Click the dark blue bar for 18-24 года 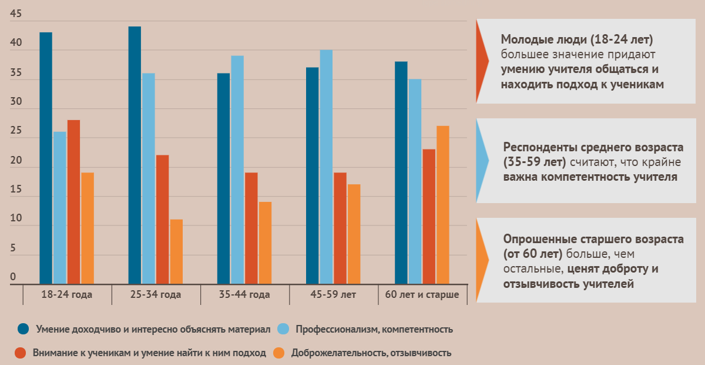tap(46, 159)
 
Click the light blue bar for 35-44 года tap(237, 170)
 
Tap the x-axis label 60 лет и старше tap(422, 294)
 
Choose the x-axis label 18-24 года tap(67, 294)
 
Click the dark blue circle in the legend tap(23, 328)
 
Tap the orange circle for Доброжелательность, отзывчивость tap(280, 353)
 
